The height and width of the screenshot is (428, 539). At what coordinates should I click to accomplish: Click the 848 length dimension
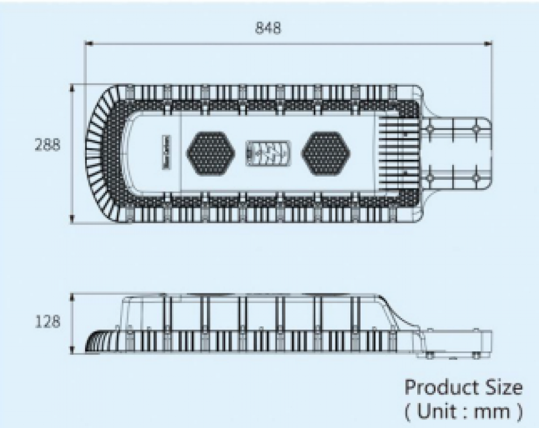tap(268, 29)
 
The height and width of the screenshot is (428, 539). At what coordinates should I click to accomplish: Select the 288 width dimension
tap(47, 145)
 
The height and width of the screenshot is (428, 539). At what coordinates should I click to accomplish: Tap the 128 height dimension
tap(47, 322)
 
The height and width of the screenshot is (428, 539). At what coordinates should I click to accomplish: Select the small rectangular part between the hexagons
tap(267, 152)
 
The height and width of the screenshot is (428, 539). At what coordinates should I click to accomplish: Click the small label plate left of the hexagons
tap(165, 146)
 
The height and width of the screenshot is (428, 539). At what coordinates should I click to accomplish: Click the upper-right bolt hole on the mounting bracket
tap(476, 129)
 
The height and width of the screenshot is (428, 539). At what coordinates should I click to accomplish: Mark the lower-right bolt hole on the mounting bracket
tap(476, 177)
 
